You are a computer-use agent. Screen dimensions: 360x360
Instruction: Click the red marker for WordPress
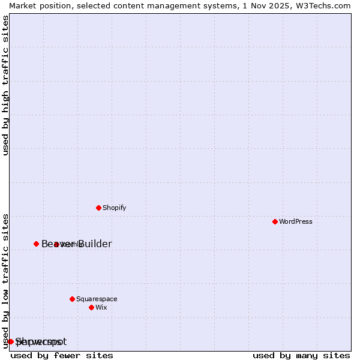click(x=275, y=221)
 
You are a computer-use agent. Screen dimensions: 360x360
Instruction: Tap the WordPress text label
click(x=296, y=221)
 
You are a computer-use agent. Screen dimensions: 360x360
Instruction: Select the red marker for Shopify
click(x=98, y=208)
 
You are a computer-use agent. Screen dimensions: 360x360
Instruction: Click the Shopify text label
click(x=114, y=208)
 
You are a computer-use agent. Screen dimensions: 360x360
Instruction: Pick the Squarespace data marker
click(x=72, y=299)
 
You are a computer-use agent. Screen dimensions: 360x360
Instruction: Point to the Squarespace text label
click(x=97, y=299)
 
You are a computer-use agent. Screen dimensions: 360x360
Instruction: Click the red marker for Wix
click(x=91, y=307)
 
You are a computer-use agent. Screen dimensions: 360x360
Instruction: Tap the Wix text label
click(x=101, y=307)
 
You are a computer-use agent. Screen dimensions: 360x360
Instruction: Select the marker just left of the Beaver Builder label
click(x=36, y=244)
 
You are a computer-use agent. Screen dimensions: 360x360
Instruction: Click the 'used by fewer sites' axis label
click(x=62, y=355)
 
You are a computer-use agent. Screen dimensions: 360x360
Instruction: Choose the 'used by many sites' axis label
click(x=301, y=355)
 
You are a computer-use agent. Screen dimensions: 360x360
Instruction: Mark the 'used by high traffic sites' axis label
click(x=6, y=85)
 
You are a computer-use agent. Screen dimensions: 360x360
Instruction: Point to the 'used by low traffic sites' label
click(x=6, y=280)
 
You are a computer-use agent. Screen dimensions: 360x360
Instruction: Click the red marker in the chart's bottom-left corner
click(x=10, y=341)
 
